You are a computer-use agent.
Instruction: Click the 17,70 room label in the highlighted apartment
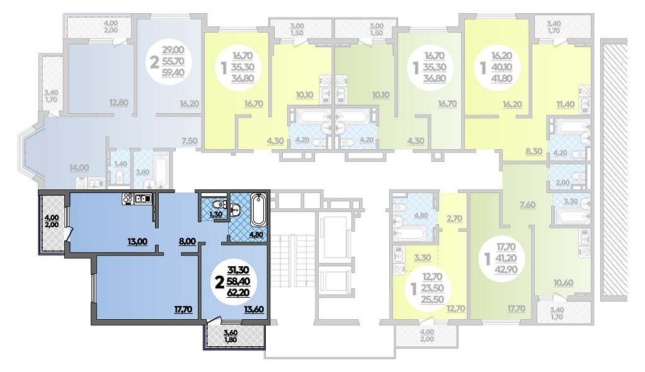(x=183, y=309)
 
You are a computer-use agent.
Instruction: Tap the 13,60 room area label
(x=254, y=309)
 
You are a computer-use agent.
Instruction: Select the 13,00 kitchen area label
(x=137, y=241)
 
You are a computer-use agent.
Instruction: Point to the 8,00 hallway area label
(x=188, y=241)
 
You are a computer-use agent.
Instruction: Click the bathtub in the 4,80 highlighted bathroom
(x=258, y=210)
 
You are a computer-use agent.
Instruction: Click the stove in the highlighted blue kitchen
(x=127, y=199)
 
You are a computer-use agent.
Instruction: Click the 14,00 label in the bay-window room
(x=79, y=167)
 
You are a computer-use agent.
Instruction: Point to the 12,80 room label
(x=119, y=103)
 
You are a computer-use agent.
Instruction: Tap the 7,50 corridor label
(x=190, y=141)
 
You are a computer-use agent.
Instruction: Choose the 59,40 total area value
(x=173, y=73)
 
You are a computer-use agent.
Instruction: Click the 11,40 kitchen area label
(x=566, y=104)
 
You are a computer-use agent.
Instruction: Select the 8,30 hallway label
(x=534, y=151)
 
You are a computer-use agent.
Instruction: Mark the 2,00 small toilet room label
(x=562, y=183)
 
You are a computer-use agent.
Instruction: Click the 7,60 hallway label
(x=527, y=205)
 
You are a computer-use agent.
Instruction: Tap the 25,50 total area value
(x=432, y=299)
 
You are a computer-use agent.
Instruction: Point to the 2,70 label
(x=454, y=218)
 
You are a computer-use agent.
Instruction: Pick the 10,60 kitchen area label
(x=563, y=283)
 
